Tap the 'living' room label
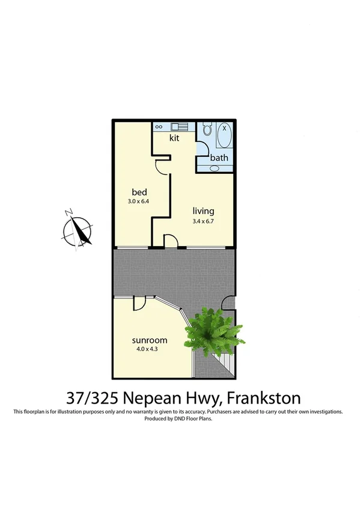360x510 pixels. [203, 211]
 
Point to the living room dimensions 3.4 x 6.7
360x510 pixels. [203, 221]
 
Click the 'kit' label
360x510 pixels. [174, 138]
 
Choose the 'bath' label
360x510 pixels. [218, 158]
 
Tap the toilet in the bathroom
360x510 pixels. [207, 130]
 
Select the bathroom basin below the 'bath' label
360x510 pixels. [215, 168]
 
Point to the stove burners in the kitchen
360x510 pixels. [160, 127]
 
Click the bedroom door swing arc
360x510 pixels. [160, 166]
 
